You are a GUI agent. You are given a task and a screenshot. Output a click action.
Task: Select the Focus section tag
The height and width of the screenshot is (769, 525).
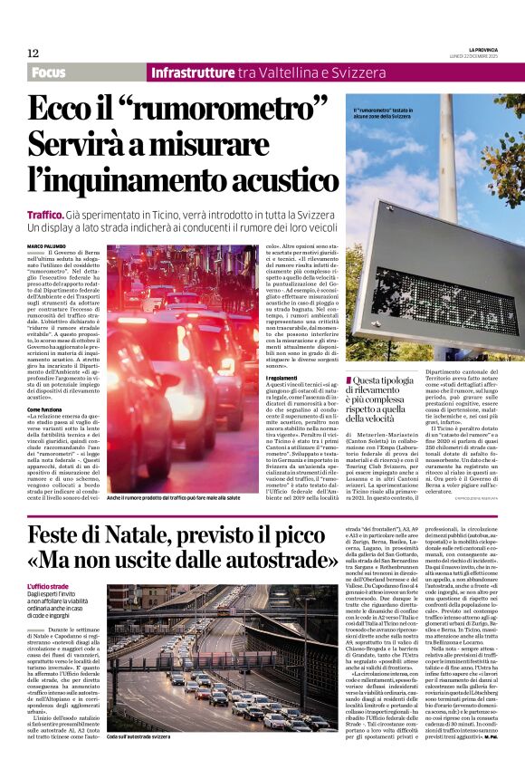coord(52,72)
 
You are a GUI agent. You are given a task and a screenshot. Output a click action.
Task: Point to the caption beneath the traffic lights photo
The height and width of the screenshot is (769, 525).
coord(173,498)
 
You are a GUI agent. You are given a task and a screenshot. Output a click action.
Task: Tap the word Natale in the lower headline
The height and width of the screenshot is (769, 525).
coord(139,536)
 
